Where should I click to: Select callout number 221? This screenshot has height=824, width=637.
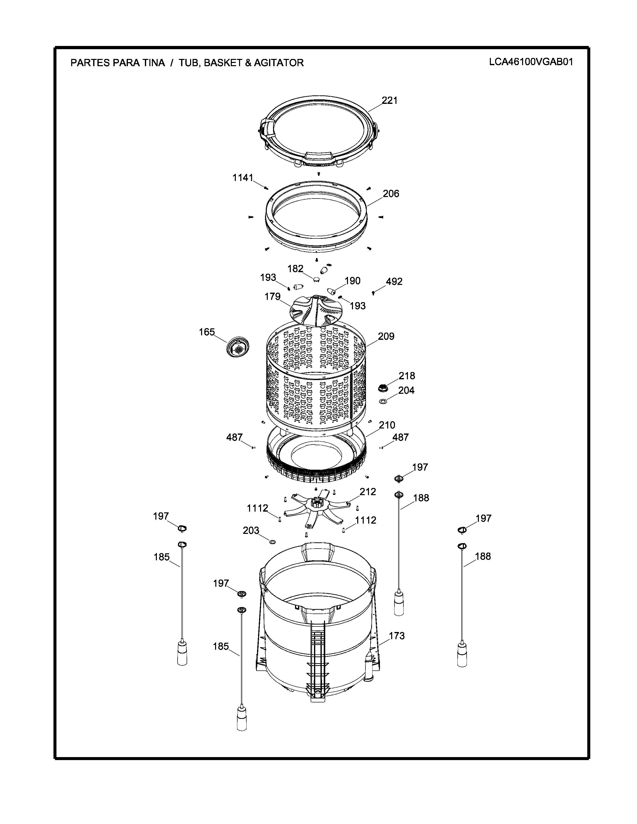tap(389, 100)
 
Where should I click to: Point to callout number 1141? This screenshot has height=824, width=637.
tap(243, 178)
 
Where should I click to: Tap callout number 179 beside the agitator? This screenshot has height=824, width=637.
tap(273, 297)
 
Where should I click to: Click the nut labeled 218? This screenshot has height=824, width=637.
tap(383, 388)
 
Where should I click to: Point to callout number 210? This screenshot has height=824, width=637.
tap(387, 425)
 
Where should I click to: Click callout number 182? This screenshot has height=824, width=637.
tap(296, 269)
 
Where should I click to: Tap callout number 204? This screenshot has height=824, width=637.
tap(406, 391)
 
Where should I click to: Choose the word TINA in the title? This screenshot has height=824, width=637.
tap(153, 63)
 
